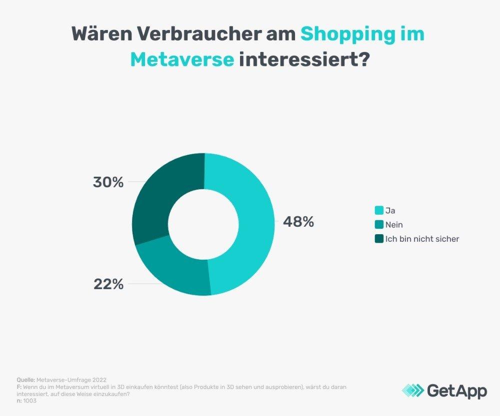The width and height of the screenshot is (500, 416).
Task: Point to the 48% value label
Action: pos(298,222)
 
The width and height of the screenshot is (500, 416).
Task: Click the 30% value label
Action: pos(108,182)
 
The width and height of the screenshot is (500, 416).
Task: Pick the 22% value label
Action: pos(108,284)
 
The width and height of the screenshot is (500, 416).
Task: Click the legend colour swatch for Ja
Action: pos(379,210)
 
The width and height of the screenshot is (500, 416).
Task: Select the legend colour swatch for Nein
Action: pos(379,225)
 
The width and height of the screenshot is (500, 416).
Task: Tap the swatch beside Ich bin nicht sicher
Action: pos(379,239)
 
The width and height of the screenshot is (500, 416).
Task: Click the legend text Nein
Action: pos(394,225)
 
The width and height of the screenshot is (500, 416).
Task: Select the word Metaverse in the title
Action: pos(182,60)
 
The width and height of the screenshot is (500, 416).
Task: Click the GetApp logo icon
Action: pos(412,391)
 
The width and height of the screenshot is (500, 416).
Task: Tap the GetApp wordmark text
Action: pos(456,391)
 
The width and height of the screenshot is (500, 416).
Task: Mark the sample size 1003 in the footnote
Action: pos(30,400)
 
